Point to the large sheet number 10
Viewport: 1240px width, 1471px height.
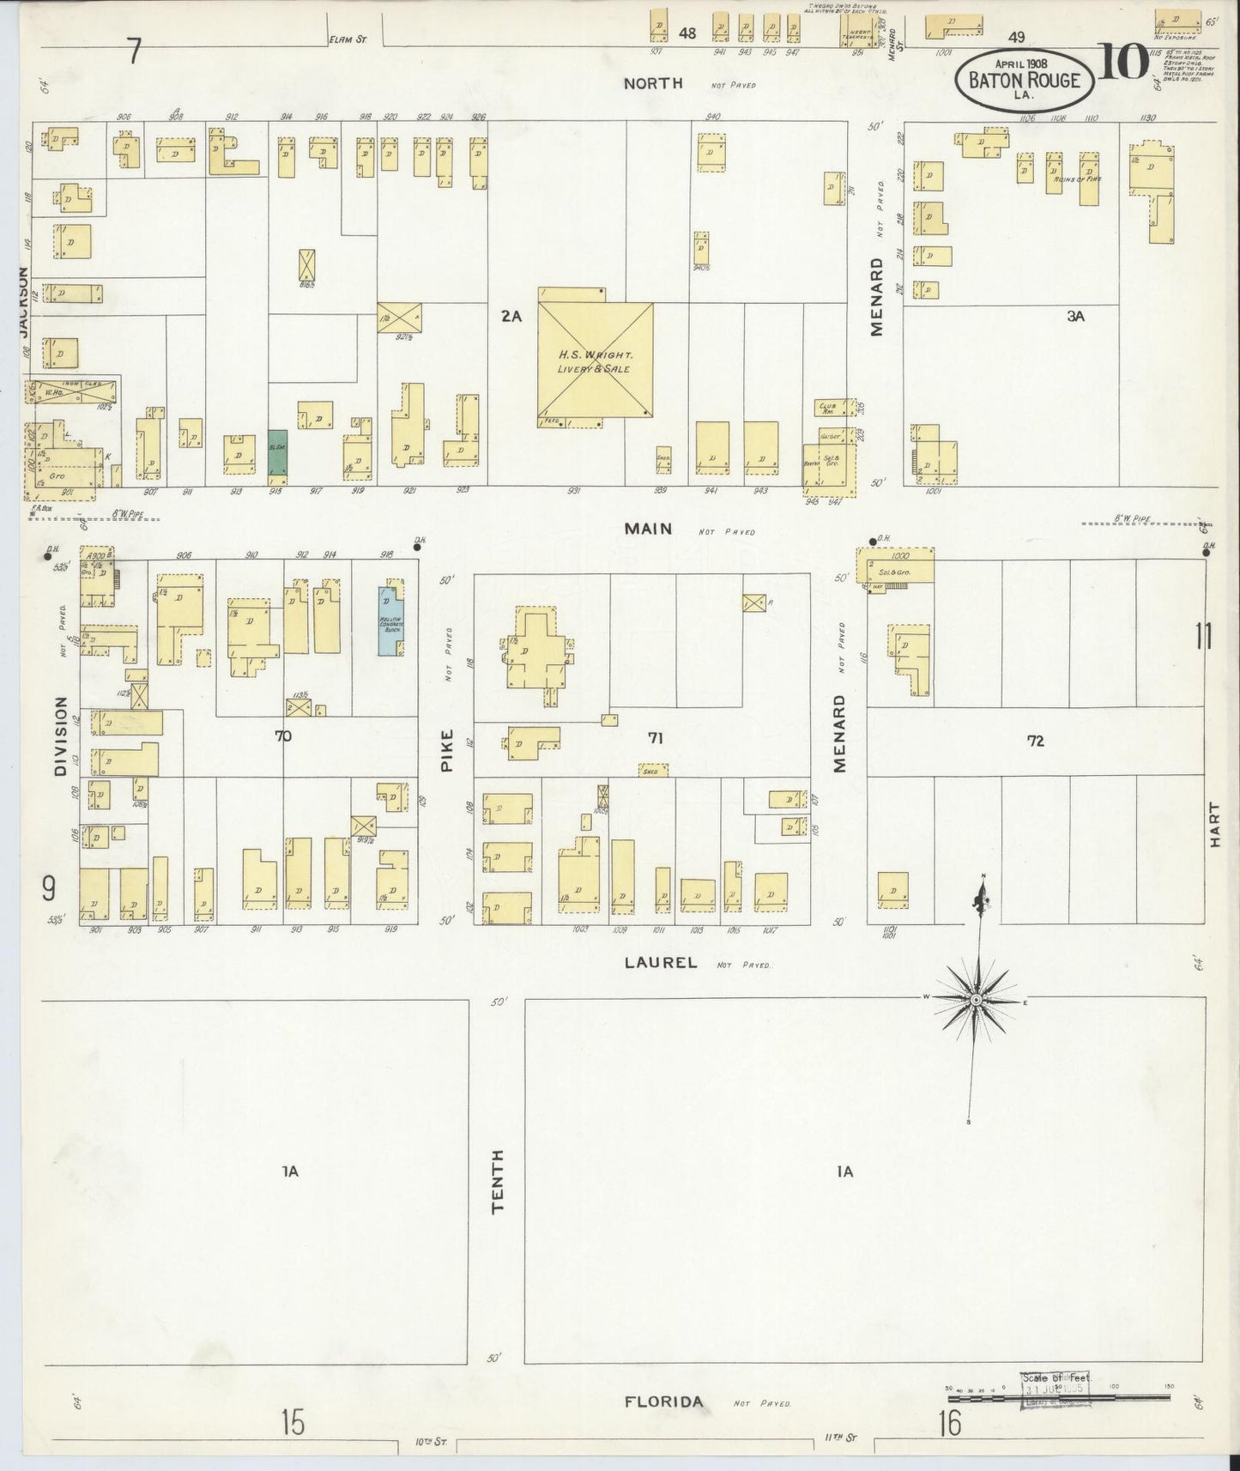click(x=1123, y=62)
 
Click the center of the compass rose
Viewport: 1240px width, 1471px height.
click(x=977, y=1002)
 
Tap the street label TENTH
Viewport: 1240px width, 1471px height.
click(x=498, y=1182)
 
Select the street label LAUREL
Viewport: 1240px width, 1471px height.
click(x=660, y=962)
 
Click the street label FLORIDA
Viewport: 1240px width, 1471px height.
click(x=663, y=1402)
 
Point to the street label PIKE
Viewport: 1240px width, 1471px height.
click(x=446, y=752)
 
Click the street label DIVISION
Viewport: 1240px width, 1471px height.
click(x=60, y=736)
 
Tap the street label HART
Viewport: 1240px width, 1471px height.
click(x=1214, y=825)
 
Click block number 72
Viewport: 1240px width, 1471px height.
click(x=1036, y=740)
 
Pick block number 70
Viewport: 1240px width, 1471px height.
click(x=282, y=735)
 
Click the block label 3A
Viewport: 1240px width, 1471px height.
click(x=1075, y=316)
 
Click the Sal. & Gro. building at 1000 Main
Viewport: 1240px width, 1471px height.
click(x=894, y=566)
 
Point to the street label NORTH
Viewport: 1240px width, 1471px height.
click(x=653, y=83)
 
